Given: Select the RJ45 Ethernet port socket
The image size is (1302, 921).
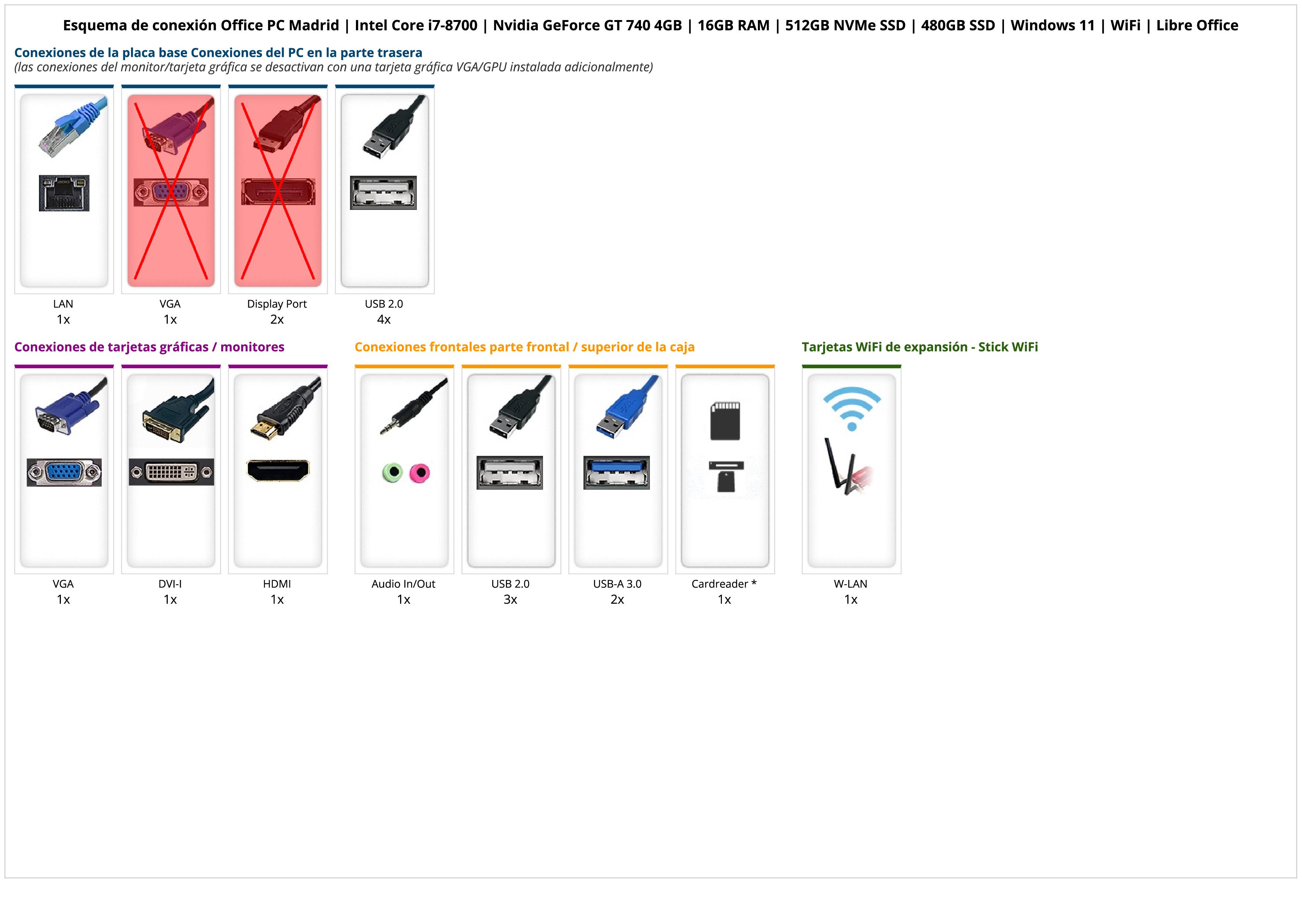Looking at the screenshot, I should click(64, 194).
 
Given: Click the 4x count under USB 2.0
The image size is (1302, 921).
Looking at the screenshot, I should click(384, 320).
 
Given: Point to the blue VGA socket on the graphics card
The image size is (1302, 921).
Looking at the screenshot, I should click(64, 472).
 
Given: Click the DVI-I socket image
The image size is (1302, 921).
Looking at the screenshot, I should click(171, 472).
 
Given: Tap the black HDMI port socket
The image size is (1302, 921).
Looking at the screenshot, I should click(278, 470).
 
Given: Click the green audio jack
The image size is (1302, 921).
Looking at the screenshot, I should click(392, 472).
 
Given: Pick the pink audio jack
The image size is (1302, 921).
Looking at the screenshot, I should click(420, 472).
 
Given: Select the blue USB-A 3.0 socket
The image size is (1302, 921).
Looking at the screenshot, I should click(616, 472).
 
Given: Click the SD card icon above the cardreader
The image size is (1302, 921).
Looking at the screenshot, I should click(725, 421).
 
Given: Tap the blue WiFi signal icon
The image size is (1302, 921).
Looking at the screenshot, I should click(852, 408).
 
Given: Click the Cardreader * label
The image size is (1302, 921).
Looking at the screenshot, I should click(724, 584).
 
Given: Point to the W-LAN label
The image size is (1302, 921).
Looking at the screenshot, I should click(851, 584).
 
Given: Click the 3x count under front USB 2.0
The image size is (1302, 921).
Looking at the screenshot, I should click(510, 600).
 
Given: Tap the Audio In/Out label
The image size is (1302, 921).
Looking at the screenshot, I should click(403, 584).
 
